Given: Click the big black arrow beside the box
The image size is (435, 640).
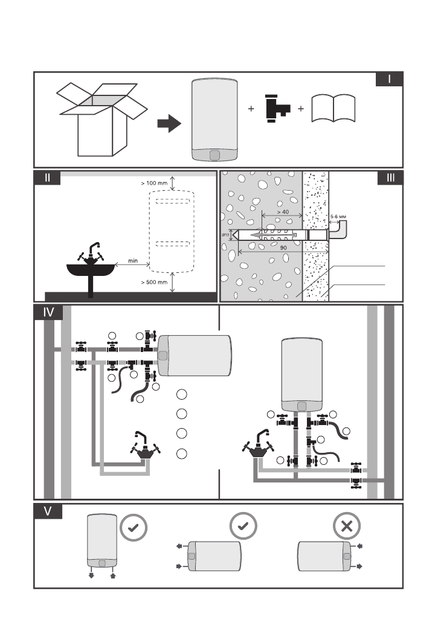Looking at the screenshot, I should click(x=169, y=124).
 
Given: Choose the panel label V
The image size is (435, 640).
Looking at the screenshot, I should click(x=47, y=511).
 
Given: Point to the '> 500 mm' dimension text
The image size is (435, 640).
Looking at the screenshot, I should click(x=154, y=281).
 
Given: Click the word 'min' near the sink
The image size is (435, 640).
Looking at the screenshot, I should click(x=134, y=261).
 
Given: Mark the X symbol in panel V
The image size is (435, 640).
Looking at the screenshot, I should click(x=347, y=526).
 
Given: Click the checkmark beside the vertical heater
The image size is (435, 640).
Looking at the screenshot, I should click(x=134, y=526).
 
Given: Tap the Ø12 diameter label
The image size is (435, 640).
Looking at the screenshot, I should click(x=227, y=234).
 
